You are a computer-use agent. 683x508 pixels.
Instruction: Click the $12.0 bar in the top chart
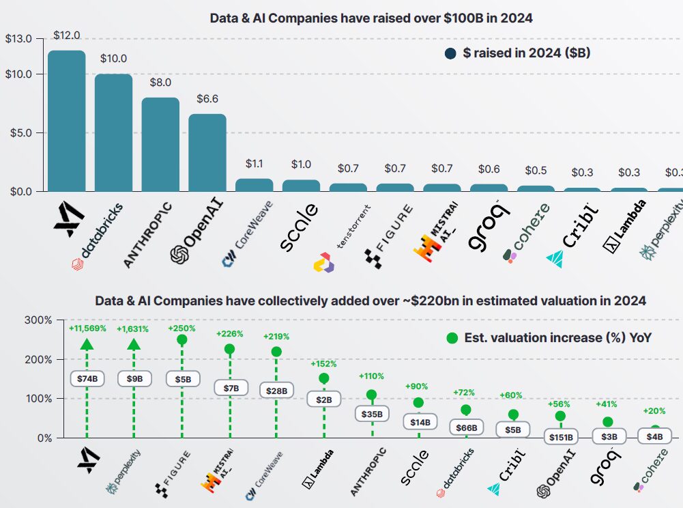pos(66,122)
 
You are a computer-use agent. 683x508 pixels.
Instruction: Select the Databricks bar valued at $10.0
pos(113,133)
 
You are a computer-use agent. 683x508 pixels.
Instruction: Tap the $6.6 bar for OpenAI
pos(207,153)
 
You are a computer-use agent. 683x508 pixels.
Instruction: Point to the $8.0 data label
pos(160,83)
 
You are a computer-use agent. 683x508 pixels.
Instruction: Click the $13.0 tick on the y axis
pos(18,38)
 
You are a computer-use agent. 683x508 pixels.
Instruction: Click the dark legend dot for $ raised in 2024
pos(450,53)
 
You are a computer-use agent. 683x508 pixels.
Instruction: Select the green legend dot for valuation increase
pos(451,337)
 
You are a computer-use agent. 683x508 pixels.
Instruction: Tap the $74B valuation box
pos(87,378)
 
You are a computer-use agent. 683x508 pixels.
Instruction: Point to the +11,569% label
pos(87,328)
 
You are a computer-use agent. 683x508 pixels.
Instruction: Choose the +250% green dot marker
pos(182,339)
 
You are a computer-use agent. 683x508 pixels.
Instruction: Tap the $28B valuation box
pos(276,390)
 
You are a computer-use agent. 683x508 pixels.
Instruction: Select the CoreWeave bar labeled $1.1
pos(255,185)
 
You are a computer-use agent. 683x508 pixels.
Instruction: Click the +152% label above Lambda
pos(324,364)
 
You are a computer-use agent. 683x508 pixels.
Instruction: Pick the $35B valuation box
pos(372,414)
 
